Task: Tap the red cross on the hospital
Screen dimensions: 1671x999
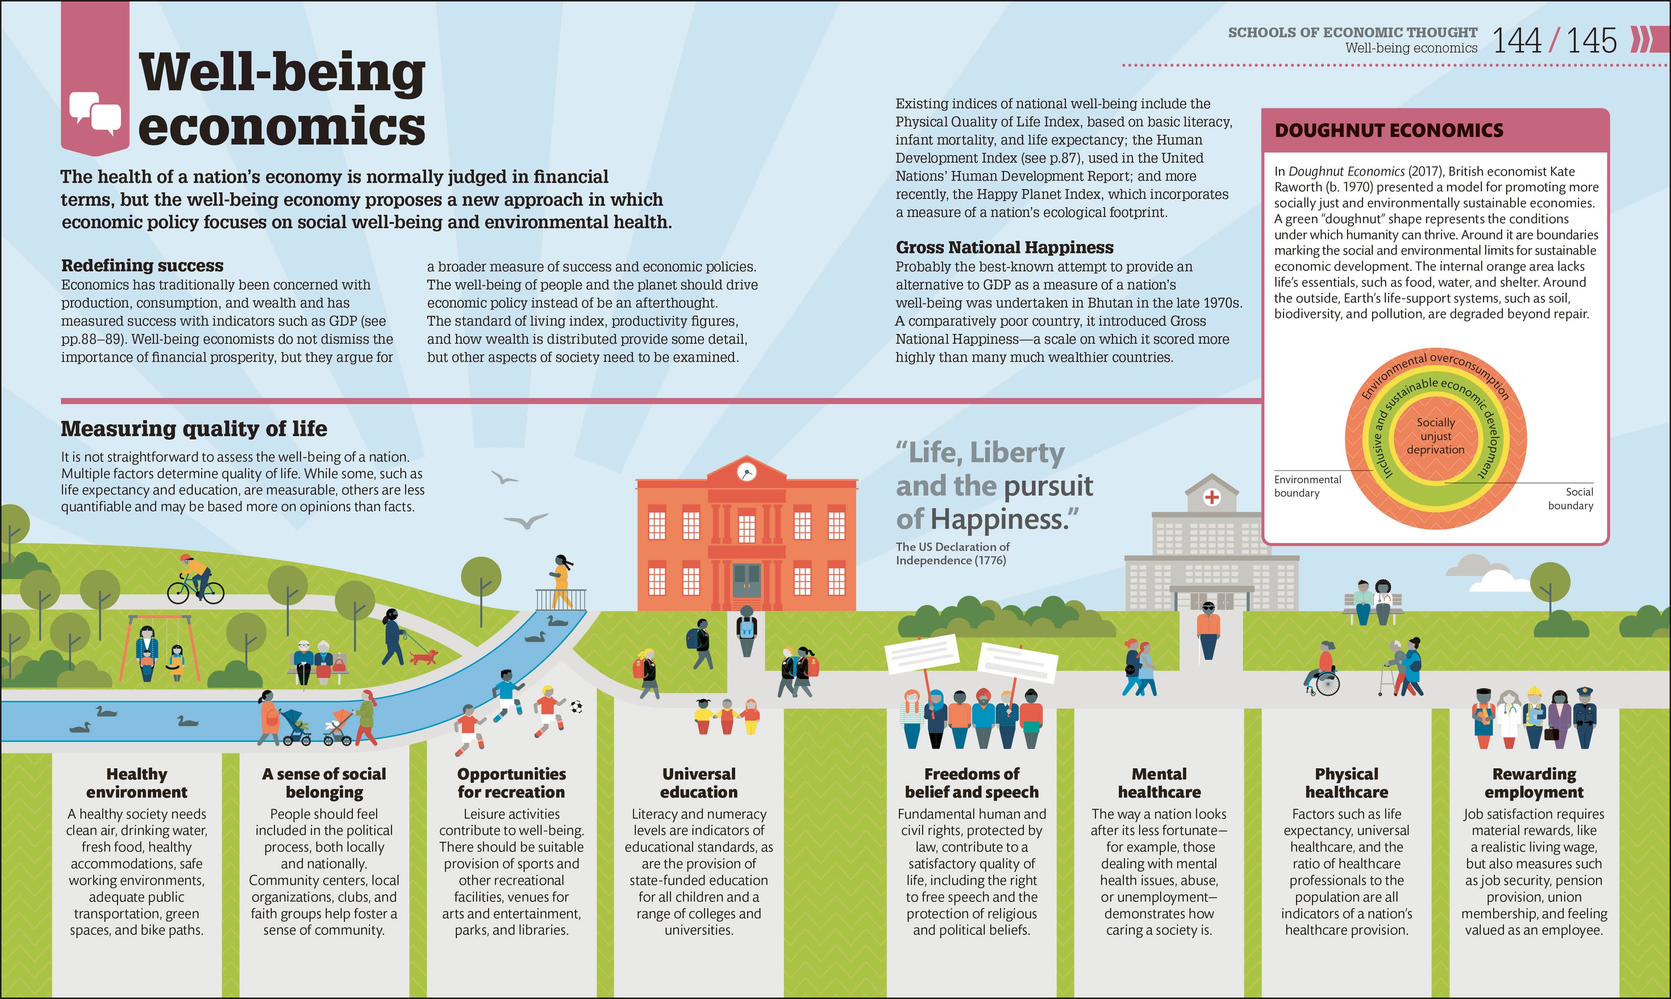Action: pos(1212,497)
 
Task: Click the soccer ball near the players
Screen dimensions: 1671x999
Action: pos(576,707)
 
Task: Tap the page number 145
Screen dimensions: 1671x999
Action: pos(1591,40)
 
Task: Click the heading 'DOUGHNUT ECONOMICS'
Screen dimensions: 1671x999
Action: pos(1389,131)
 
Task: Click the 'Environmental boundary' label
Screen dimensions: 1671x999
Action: pos(1308,486)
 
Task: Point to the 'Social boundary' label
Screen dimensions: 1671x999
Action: pos(1570,499)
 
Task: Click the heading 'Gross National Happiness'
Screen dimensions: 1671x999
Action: pos(1004,248)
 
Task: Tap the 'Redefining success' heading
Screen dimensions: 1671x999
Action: pos(142,265)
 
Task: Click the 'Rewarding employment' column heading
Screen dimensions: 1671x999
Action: pos(1534,783)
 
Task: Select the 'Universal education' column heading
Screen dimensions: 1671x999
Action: pos(699,783)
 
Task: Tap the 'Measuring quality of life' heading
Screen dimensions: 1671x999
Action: pos(194,429)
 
